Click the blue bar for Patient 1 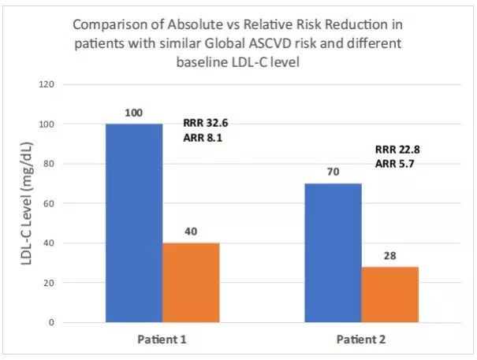pyautogui.click(x=134, y=223)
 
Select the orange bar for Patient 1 pyautogui.click(x=191, y=282)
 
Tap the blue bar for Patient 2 pyautogui.click(x=333, y=252)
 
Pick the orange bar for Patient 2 pyautogui.click(x=389, y=294)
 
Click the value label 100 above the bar pyautogui.click(x=134, y=114)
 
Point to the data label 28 pyautogui.click(x=389, y=257)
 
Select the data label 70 pyautogui.click(x=333, y=173)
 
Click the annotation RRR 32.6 pyautogui.click(x=206, y=123)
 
